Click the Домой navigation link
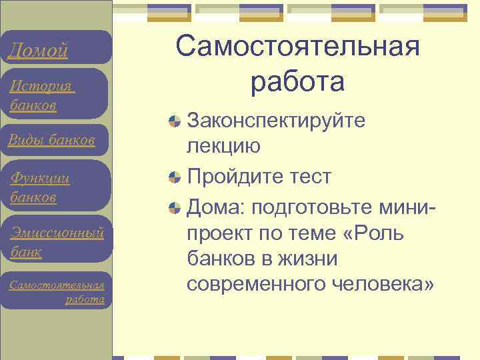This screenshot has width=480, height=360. (38, 50)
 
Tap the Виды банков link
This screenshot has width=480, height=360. (51, 140)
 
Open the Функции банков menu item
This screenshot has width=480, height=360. (40, 187)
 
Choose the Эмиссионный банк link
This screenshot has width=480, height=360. (57, 242)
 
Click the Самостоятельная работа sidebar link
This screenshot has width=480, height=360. (57, 292)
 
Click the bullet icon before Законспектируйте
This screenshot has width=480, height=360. (175, 121)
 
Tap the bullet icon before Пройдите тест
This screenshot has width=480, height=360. (175, 177)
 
